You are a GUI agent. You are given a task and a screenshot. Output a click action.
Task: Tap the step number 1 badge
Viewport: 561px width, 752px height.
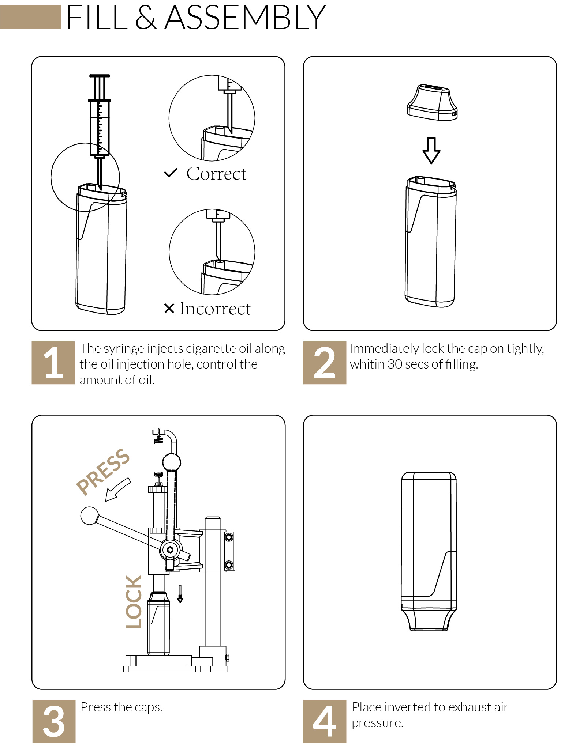pos(53,363)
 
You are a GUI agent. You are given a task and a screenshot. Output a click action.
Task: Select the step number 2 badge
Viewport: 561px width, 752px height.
pos(325,363)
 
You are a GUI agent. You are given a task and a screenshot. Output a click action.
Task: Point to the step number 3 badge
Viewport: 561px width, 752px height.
pos(54,721)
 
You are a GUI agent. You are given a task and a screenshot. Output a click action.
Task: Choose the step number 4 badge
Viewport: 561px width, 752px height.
pos(325,721)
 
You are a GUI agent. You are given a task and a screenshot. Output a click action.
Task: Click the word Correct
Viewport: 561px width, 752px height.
pos(216,174)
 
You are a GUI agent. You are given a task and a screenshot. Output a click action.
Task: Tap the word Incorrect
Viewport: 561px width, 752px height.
pos(215,309)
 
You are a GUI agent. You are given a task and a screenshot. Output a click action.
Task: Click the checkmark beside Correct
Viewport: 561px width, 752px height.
pos(171,173)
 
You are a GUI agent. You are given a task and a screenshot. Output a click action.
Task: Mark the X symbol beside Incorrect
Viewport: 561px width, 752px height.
pos(169,309)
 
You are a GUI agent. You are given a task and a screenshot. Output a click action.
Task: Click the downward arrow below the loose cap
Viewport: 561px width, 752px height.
pos(431,151)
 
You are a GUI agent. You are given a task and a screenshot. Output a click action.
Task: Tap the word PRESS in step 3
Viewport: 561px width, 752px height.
pos(103,472)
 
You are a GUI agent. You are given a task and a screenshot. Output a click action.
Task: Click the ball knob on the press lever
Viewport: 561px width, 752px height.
pos(89,515)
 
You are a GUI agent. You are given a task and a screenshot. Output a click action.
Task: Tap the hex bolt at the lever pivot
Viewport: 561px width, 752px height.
pos(170,549)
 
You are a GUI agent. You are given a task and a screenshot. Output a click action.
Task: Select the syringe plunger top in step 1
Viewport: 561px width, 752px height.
pos(99,76)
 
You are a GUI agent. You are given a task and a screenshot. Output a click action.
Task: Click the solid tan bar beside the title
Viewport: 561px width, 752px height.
pos(30,17)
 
